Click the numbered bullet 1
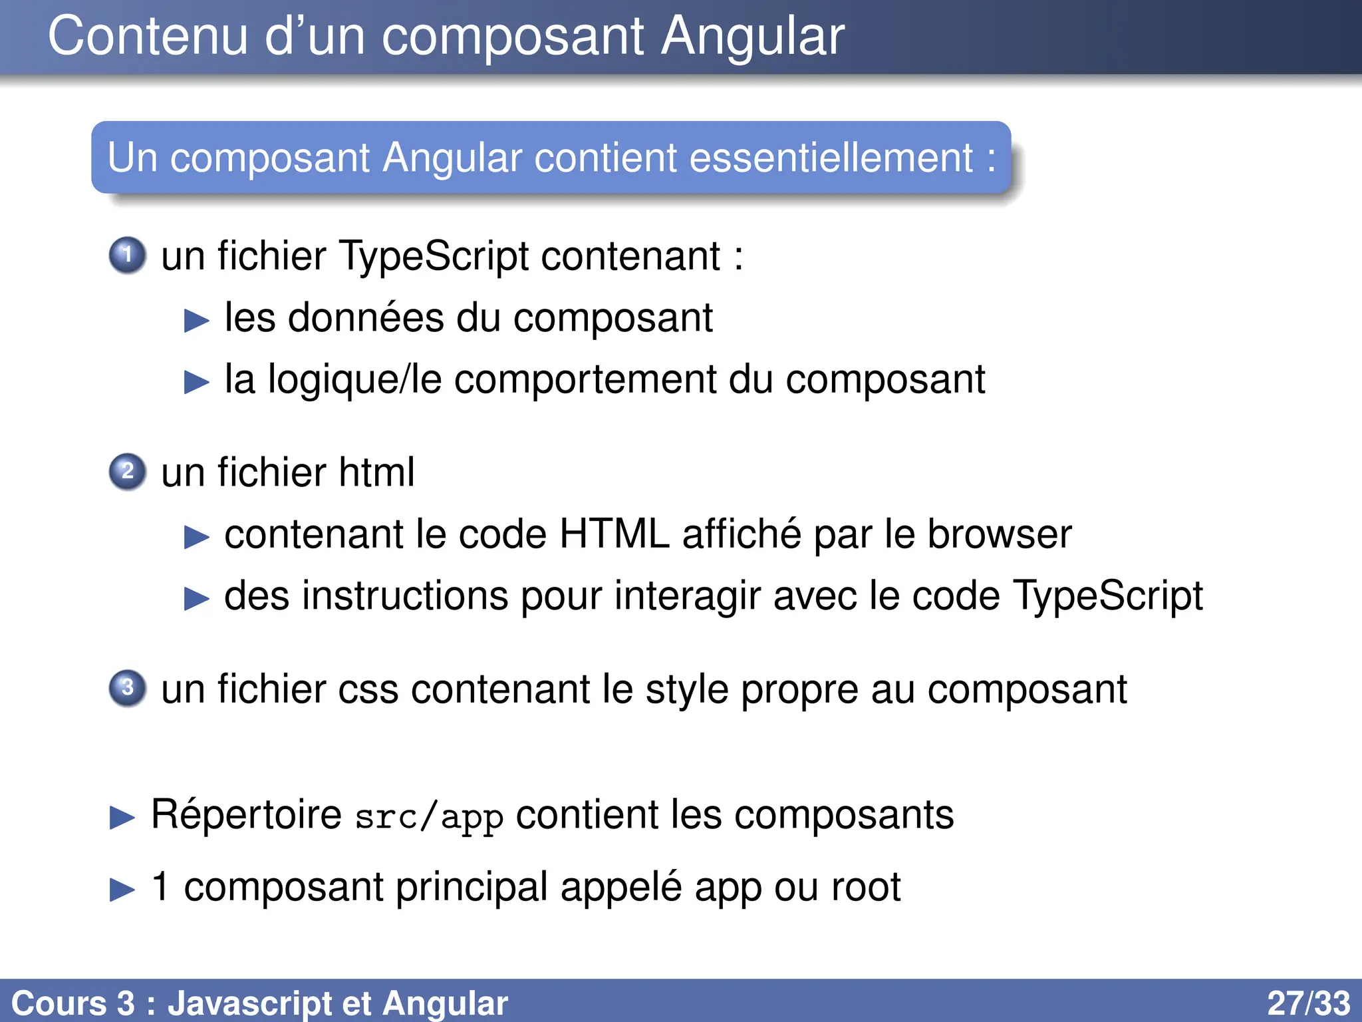pyautogui.click(x=127, y=255)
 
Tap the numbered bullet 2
pyautogui.click(x=127, y=472)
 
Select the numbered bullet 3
pyautogui.click(x=127, y=688)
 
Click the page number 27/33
pyautogui.click(x=1308, y=1003)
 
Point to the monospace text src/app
pyautogui.click(x=429, y=817)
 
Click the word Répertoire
pyautogui.click(x=246, y=814)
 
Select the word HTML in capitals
pyautogui.click(x=614, y=534)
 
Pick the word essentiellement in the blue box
pyautogui.click(x=831, y=158)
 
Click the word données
pyautogui.click(x=365, y=318)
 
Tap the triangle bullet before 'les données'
pyautogui.click(x=197, y=321)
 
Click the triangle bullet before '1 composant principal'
pyautogui.click(x=122, y=890)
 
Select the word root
pyautogui.click(x=865, y=887)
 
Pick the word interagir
pyautogui.click(x=687, y=596)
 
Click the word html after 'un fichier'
pyautogui.click(x=376, y=472)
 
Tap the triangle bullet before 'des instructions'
pyautogui.click(x=197, y=598)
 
